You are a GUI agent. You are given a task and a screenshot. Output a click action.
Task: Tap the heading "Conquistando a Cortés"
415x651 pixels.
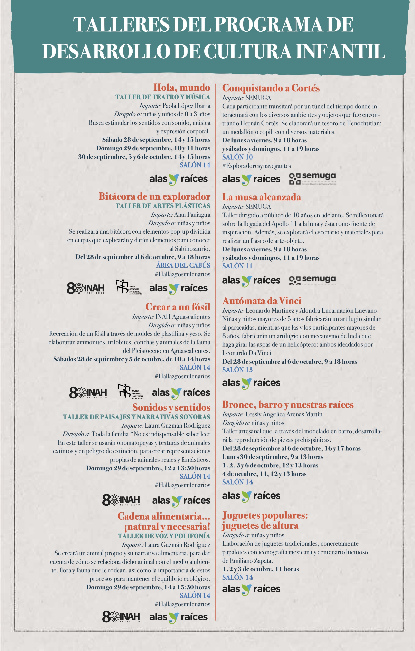point(271,88)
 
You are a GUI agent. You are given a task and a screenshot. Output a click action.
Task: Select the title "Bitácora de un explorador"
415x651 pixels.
point(154,196)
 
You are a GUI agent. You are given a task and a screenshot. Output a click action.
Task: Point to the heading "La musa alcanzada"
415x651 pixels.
point(261,197)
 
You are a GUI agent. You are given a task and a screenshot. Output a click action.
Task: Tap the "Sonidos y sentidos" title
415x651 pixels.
point(171,407)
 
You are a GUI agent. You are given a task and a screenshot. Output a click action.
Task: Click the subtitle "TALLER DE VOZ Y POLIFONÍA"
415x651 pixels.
point(164,536)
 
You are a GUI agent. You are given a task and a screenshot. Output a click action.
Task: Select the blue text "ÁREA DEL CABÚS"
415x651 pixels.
point(183,265)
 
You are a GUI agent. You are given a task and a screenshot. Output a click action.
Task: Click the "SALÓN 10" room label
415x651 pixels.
point(237,157)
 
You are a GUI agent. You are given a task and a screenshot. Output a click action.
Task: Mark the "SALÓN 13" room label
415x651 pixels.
point(237,370)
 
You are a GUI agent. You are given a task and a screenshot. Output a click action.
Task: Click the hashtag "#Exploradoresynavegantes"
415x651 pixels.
point(256,166)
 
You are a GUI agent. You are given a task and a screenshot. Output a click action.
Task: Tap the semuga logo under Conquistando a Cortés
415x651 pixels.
point(312,179)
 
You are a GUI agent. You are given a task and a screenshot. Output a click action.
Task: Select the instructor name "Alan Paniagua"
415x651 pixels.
point(192,215)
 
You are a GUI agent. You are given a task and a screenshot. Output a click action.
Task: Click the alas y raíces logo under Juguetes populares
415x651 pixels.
point(251,589)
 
